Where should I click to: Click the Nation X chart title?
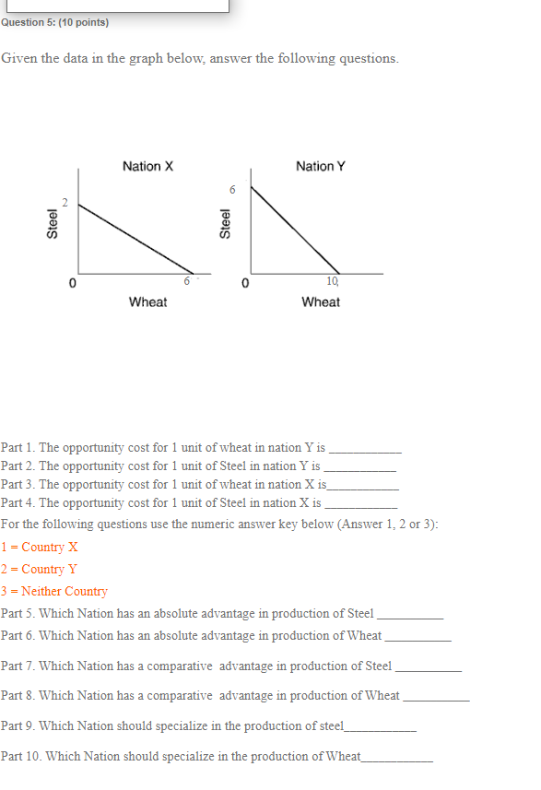147,166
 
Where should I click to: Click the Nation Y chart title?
321,166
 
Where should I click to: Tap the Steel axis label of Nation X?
53,225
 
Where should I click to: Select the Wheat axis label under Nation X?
147,302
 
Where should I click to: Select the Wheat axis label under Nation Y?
321,302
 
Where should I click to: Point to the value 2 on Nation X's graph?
65,202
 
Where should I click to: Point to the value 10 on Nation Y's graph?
332,280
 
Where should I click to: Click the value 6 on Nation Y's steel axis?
233,190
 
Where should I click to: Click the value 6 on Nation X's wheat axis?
187,280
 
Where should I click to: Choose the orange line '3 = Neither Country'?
54,591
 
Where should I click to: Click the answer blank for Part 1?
365,451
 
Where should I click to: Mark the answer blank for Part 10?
397,759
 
